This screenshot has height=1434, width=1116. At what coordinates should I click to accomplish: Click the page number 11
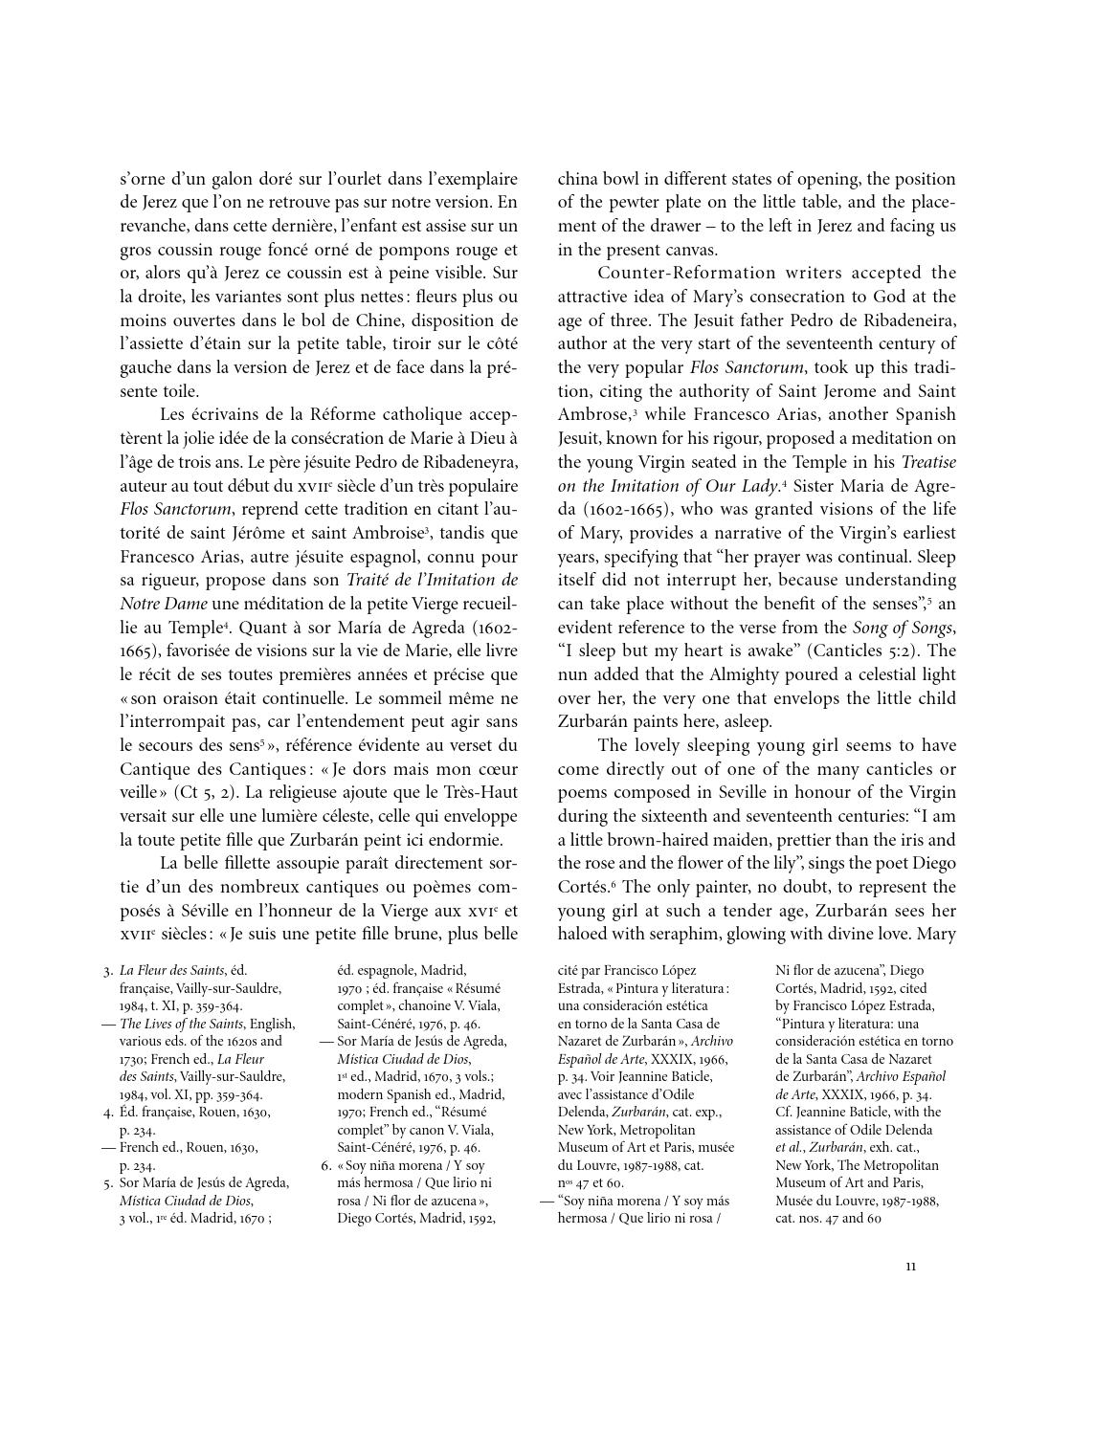[x=910, y=1267]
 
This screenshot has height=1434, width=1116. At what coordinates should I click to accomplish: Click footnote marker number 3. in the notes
[x=107, y=971]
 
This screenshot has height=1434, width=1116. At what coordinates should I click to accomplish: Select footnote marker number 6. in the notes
[x=325, y=1165]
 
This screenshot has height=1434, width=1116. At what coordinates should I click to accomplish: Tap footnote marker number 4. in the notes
[x=107, y=1113]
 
